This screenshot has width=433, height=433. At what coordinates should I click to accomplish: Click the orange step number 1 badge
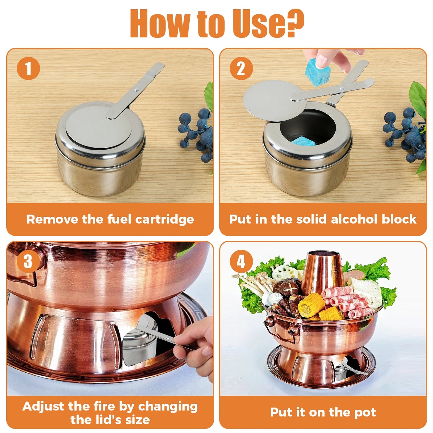coord(28,68)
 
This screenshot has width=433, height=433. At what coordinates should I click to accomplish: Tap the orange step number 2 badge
coord(241,68)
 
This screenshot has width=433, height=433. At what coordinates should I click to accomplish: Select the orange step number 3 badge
coord(28,261)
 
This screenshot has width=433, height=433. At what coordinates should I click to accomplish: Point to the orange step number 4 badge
coord(241,261)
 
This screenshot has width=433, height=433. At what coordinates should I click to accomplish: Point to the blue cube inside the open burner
coord(303,141)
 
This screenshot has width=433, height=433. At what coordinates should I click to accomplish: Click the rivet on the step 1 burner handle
coord(137,90)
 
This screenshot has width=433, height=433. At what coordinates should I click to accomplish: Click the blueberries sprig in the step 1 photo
coord(196,132)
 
